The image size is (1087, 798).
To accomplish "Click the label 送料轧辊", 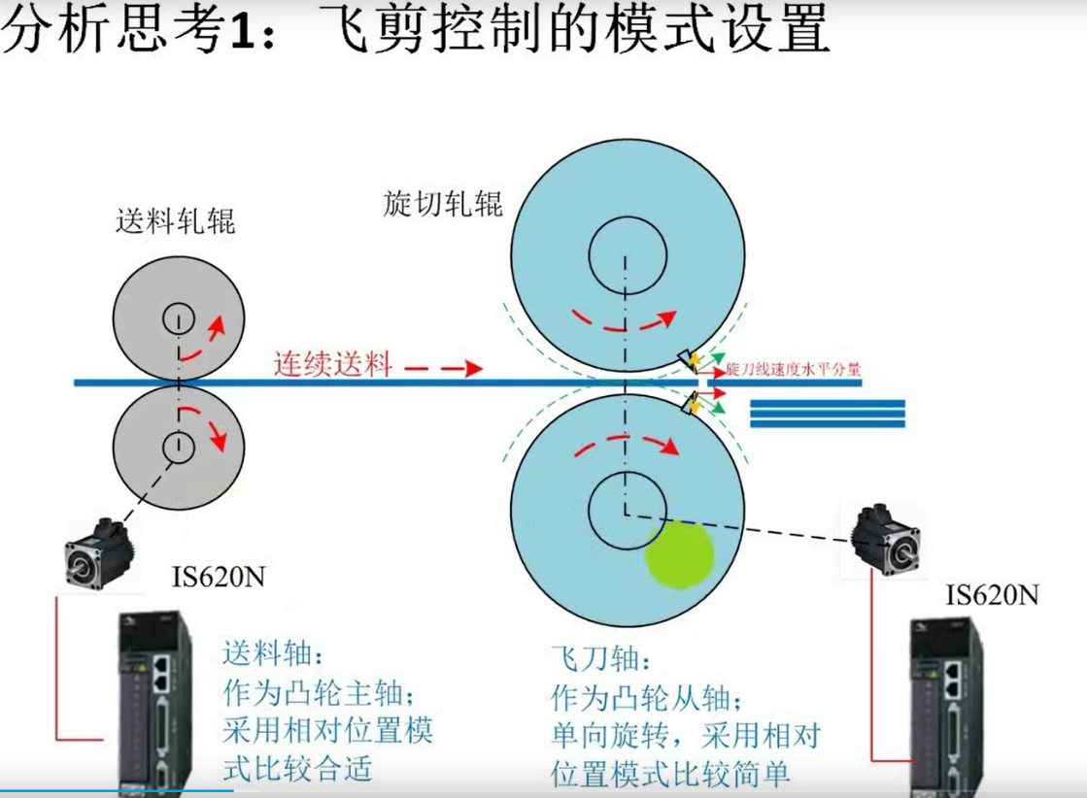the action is coord(176,221).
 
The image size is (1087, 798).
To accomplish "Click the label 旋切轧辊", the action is coord(442,204).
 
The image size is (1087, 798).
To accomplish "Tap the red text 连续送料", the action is coord(333,364).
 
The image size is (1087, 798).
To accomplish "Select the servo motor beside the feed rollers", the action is coord(98,553).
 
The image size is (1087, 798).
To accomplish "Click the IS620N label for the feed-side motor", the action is coord(219,577).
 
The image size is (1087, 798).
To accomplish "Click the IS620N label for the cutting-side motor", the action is coord(992,595).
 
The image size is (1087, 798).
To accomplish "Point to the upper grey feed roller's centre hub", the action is coord(178,319).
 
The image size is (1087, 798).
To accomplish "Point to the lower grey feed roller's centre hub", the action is coord(178,447).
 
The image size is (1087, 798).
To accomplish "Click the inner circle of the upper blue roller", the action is coord(628,216).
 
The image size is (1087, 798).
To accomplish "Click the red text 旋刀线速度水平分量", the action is coord(793,369).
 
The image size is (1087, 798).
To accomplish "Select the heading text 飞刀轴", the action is coord(600,659).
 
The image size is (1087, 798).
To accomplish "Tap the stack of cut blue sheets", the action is coord(828,414).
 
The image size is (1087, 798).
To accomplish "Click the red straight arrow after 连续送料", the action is coord(443,369).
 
